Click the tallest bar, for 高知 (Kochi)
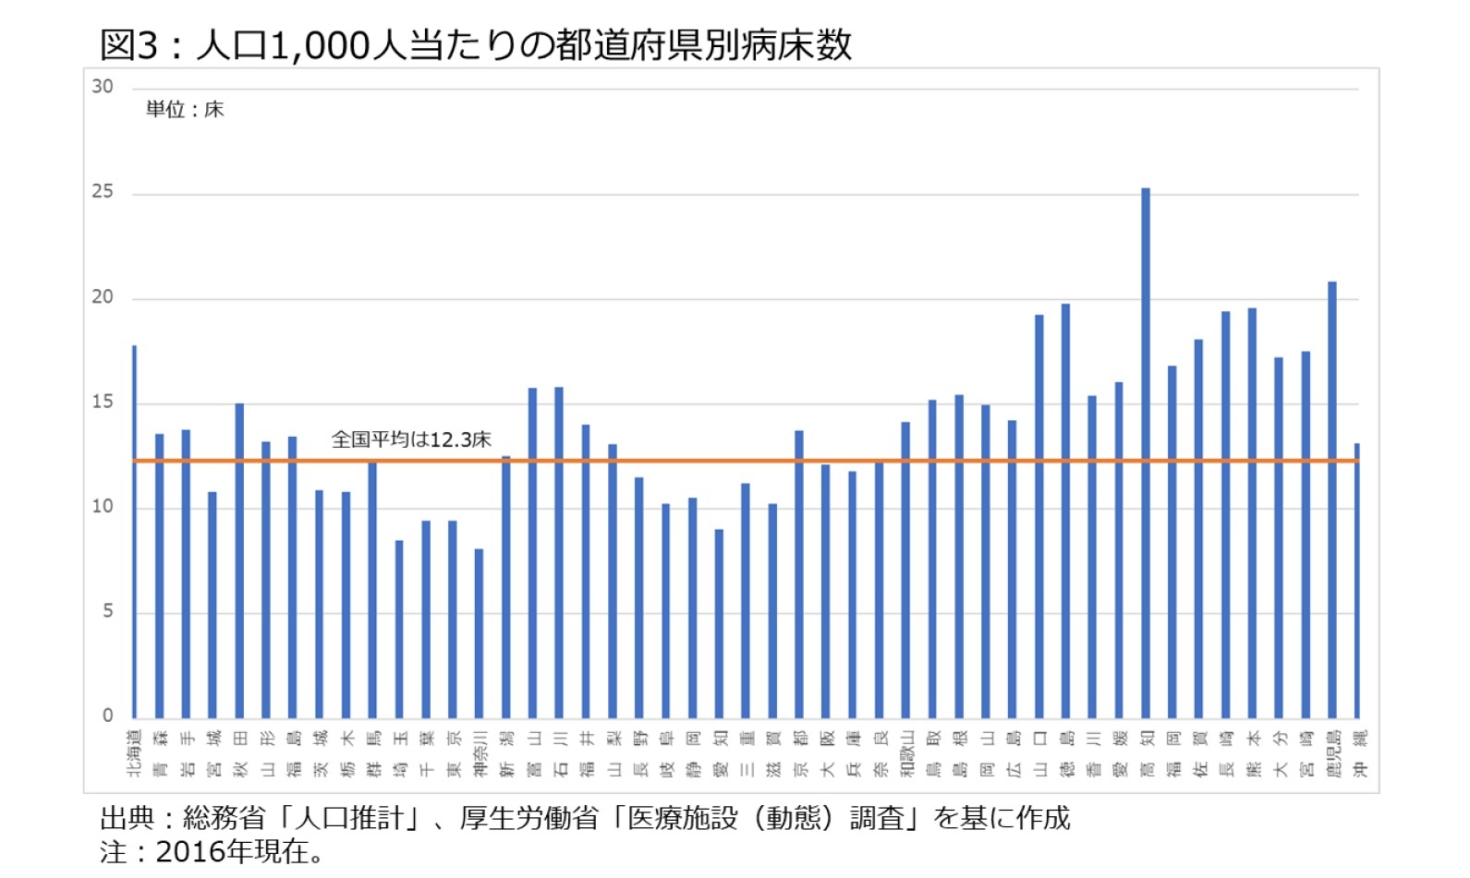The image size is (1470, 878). point(1146,452)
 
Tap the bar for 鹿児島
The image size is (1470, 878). point(1332,499)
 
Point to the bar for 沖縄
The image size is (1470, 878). point(1357,581)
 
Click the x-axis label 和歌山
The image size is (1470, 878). point(906,752)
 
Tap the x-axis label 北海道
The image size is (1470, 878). point(135,752)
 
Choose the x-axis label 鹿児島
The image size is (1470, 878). point(1333,752)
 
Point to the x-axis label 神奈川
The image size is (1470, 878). point(480,752)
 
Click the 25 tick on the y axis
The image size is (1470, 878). point(103,192)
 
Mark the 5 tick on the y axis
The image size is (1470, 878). point(108,611)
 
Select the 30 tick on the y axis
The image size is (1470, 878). point(103,87)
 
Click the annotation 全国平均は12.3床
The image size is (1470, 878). point(411,439)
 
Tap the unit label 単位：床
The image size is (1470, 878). point(185,110)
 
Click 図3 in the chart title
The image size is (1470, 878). point(128,45)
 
